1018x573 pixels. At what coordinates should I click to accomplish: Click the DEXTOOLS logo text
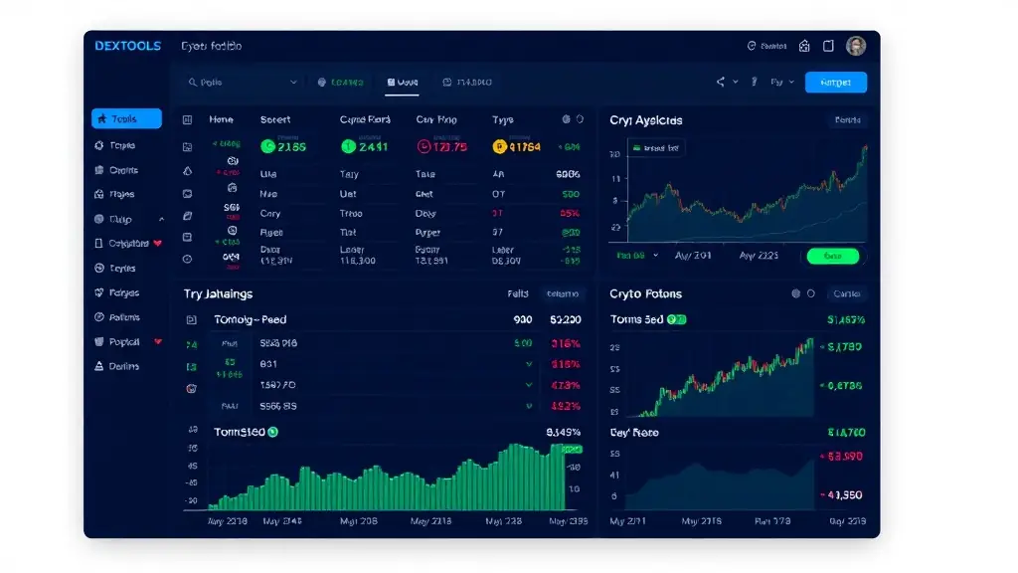coord(127,46)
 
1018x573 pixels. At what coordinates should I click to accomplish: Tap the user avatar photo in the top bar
coord(856,46)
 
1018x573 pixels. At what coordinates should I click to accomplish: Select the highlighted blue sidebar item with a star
coord(126,119)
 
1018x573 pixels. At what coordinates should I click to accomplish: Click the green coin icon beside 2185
coord(267,146)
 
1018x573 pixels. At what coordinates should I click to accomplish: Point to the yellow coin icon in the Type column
coord(500,147)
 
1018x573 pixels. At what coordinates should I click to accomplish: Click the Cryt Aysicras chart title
coord(645,120)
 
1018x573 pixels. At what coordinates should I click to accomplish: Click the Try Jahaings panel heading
coord(218,294)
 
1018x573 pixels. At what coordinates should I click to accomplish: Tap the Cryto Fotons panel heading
coord(645,294)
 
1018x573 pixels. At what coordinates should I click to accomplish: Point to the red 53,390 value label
coord(845,456)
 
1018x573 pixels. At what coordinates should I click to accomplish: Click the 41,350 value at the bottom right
coord(845,494)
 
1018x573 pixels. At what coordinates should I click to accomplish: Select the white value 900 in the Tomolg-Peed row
coord(523,320)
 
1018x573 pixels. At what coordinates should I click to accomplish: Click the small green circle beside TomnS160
coord(273,433)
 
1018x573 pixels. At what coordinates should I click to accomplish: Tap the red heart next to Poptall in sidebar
coord(158,342)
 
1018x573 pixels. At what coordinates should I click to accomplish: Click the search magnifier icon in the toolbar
coord(193,83)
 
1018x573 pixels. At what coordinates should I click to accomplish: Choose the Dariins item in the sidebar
coord(124,366)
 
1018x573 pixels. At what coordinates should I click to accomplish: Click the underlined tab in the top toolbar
coord(402,83)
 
